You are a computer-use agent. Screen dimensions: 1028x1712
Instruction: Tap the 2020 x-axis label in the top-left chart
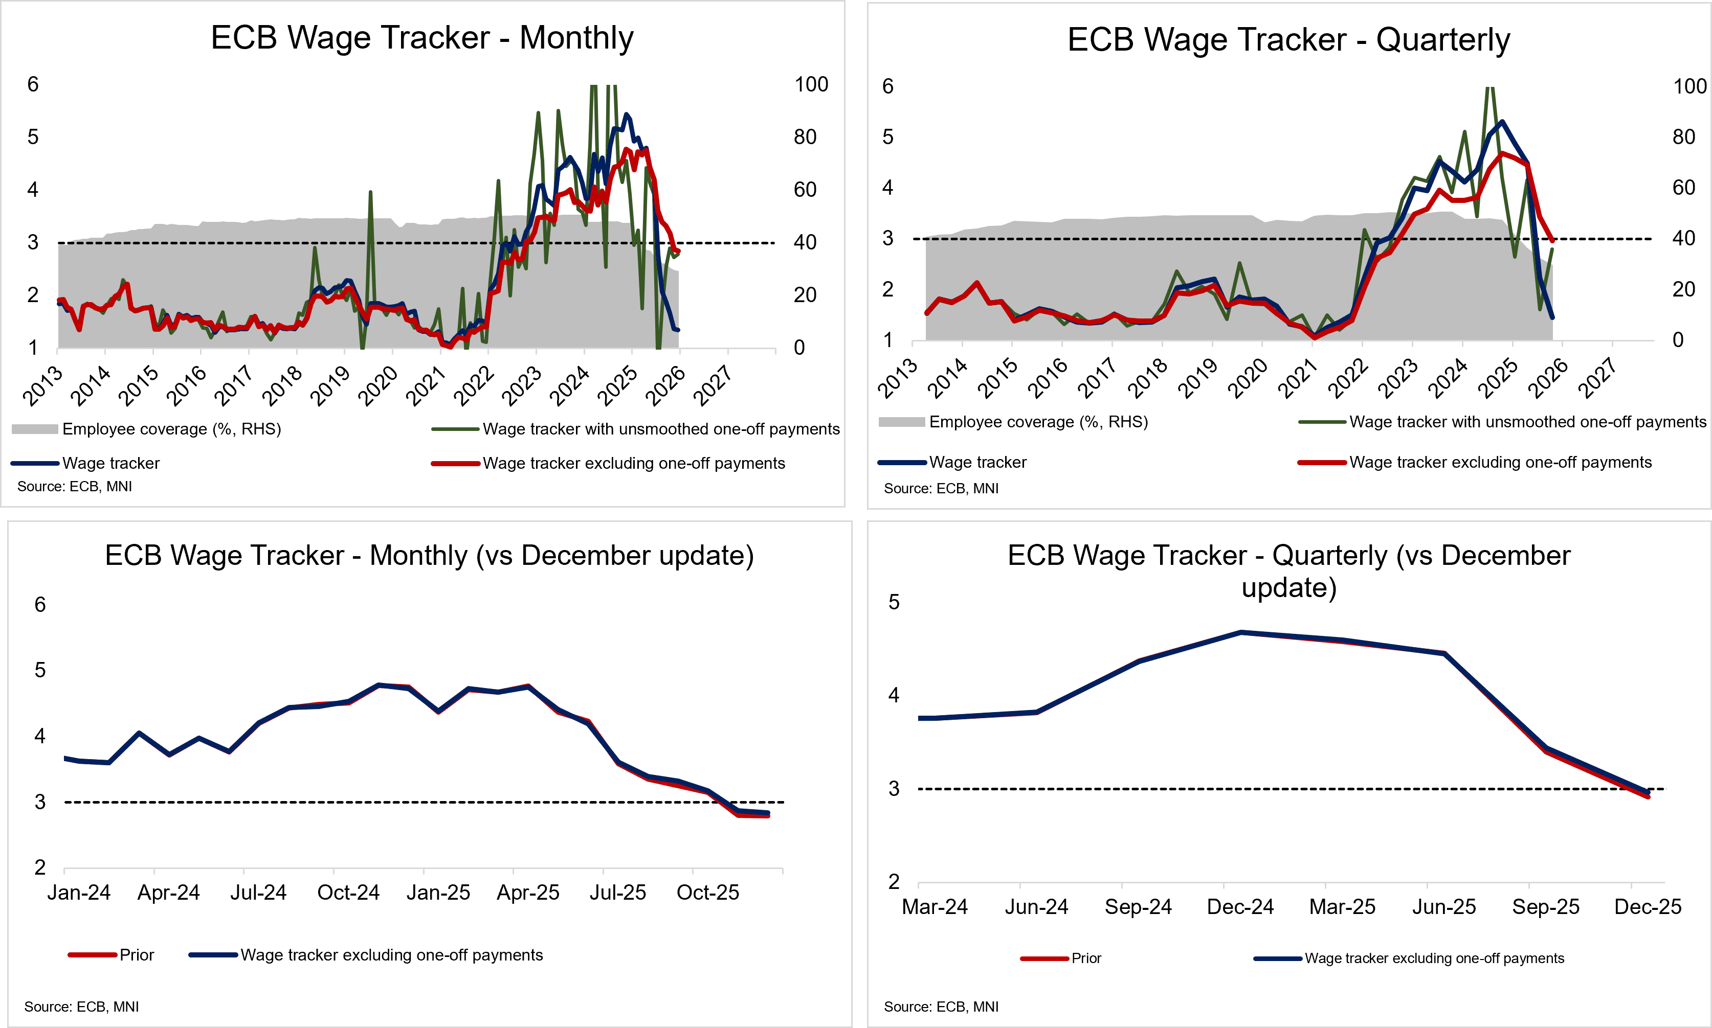[x=378, y=386]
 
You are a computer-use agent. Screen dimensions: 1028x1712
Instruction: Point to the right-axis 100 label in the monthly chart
[x=810, y=84]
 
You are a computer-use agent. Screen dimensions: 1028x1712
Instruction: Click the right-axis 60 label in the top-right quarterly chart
[x=1683, y=188]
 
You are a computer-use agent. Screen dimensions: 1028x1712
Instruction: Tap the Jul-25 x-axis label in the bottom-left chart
[x=617, y=892]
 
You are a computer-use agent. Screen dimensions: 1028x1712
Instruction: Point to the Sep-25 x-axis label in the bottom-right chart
[x=1546, y=907]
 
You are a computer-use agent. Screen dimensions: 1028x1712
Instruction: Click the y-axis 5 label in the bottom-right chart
[x=894, y=602]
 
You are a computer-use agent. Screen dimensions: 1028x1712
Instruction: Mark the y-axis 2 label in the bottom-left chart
[x=40, y=867]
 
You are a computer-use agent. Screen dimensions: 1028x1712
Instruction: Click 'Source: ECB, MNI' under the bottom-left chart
[x=82, y=1007]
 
